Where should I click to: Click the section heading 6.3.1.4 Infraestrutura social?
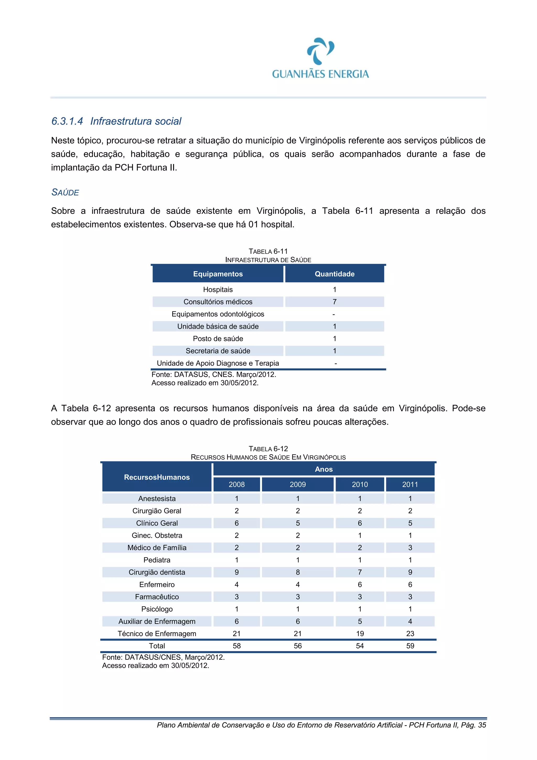click(116, 121)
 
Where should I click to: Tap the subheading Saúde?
click(65, 192)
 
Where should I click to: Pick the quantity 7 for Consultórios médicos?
click(335, 301)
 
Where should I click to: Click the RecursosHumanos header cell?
click(157, 477)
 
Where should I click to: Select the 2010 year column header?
click(360, 484)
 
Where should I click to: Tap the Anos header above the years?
click(324, 469)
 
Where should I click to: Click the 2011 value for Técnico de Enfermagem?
click(410, 633)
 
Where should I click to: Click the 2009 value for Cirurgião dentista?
click(298, 572)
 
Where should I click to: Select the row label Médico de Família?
click(157, 548)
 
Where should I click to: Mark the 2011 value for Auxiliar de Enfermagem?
click(410, 621)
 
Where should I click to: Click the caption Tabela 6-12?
click(268, 449)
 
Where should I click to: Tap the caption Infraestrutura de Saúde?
click(268, 260)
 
